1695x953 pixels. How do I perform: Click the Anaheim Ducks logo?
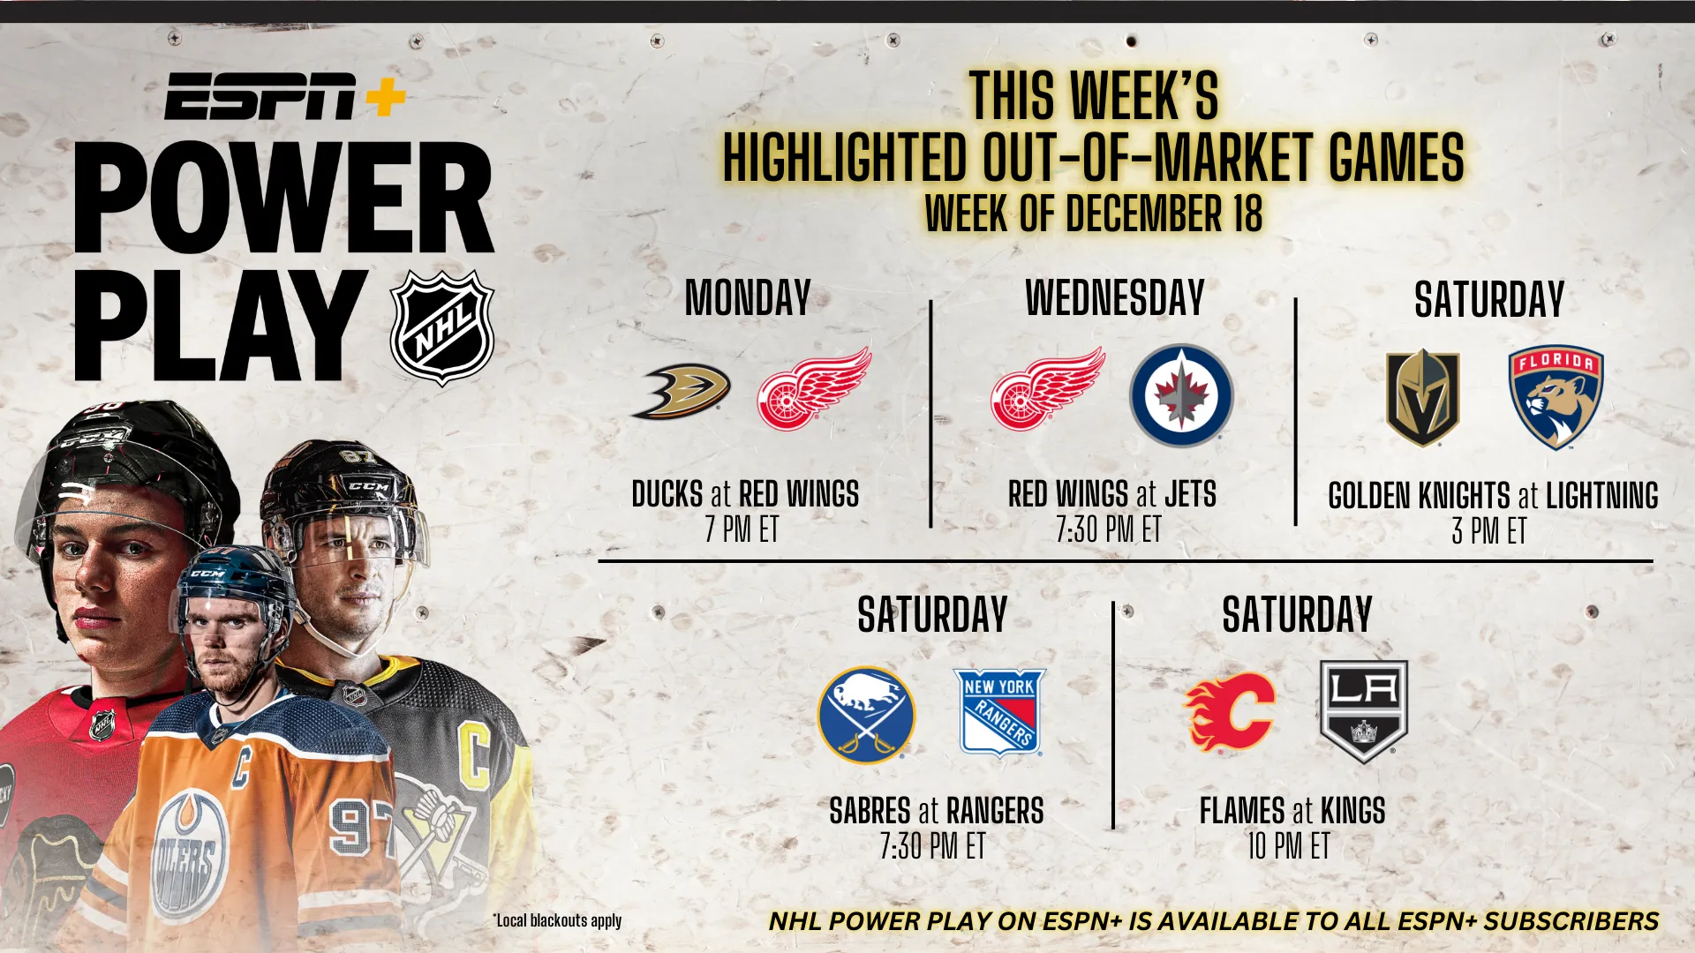point(681,391)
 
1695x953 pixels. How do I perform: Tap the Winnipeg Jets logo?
point(1181,395)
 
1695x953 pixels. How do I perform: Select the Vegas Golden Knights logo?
point(1422,397)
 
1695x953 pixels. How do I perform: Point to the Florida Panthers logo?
point(1556,397)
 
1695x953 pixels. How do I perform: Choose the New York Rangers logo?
point(1000,713)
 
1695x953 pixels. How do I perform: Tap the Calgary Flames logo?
point(1230,711)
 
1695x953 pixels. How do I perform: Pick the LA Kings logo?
point(1363,711)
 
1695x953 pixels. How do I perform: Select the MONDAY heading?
point(748,298)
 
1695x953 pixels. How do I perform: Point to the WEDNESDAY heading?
point(1115,298)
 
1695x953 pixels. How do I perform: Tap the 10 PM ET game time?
point(1288,846)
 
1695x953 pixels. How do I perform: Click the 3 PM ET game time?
point(1489,530)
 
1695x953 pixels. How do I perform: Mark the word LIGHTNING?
point(1601,496)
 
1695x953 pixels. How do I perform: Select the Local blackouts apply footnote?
point(557,920)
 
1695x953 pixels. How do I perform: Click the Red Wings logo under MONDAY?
point(814,388)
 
